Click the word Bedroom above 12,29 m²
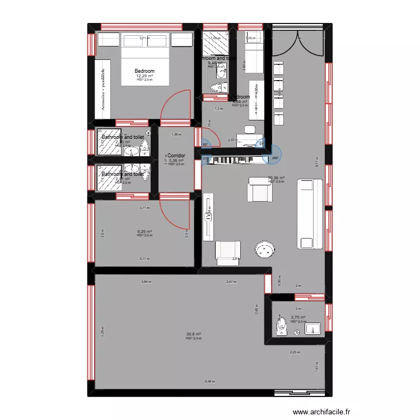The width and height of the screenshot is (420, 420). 144,71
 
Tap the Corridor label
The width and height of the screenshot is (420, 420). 176,155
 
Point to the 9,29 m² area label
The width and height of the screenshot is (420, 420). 144,231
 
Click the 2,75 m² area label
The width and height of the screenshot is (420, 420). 298,317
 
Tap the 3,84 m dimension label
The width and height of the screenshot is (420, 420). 146,282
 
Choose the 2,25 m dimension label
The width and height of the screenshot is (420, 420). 295,352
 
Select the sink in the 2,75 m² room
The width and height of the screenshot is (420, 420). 311,328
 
